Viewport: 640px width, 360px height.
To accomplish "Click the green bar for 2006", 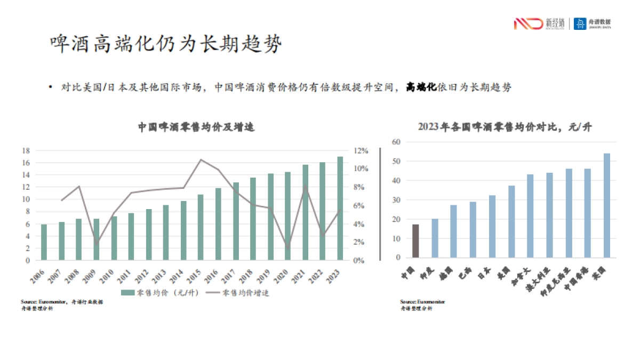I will click(44, 243).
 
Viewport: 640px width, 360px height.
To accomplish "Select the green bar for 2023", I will click(340, 209).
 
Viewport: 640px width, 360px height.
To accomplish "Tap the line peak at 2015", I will click(201, 159).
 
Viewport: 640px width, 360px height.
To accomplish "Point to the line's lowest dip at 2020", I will click(288, 249).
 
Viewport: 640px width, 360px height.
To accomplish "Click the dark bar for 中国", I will click(415, 241).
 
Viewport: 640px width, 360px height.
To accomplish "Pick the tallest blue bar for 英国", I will click(606, 205).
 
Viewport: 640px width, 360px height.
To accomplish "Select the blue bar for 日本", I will click(492, 227).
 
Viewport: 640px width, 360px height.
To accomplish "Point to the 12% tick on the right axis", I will click(362, 150).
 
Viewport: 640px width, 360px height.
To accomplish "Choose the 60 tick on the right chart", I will click(396, 142).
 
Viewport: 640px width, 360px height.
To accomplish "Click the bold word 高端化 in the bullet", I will click(421, 87).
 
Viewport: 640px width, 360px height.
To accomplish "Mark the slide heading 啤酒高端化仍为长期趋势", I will click(165, 44).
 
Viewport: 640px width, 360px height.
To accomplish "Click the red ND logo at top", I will click(527, 23).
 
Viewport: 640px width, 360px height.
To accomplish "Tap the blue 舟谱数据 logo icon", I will click(580, 23).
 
